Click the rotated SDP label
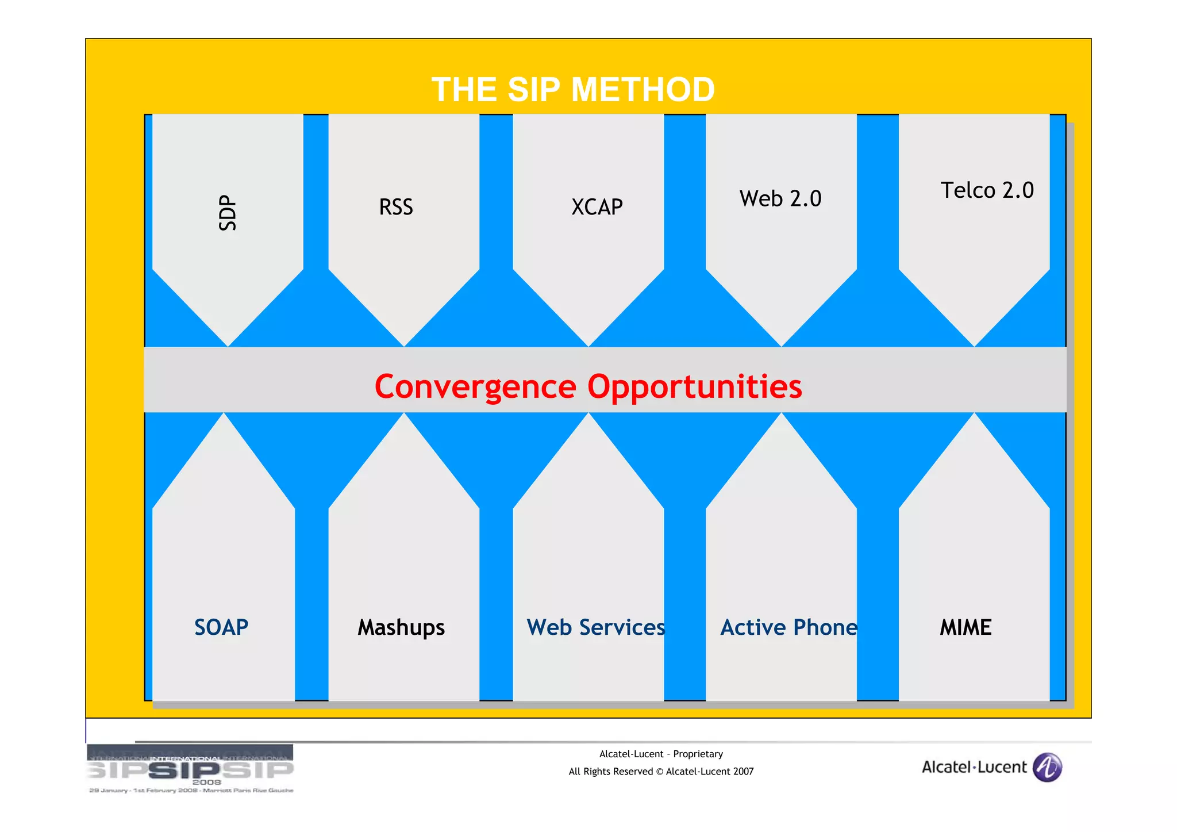pyautogui.click(x=228, y=213)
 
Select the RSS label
pyautogui.click(x=396, y=207)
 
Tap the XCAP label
pyautogui.click(x=597, y=207)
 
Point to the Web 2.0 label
pyautogui.click(x=780, y=199)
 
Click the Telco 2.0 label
pyautogui.click(x=987, y=190)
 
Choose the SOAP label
pyautogui.click(x=221, y=627)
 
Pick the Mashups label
pyautogui.click(x=401, y=627)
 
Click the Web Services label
pyautogui.click(x=595, y=627)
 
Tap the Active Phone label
pyautogui.click(x=788, y=627)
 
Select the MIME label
pyautogui.click(x=966, y=627)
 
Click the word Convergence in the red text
pyautogui.click(x=475, y=386)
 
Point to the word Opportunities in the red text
pyautogui.click(x=694, y=386)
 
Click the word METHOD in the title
pyautogui.click(x=643, y=90)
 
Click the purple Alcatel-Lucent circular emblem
pyautogui.click(x=1047, y=767)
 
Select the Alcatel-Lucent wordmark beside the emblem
pyautogui.click(x=974, y=767)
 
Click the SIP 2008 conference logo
pyautogui.click(x=190, y=766)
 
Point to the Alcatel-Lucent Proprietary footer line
pyautogui.click(x=661, y=754)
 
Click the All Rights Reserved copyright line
pyautogui.click(x=661, y=772)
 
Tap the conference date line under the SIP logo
pyautogui.click(x=191, y=791)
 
